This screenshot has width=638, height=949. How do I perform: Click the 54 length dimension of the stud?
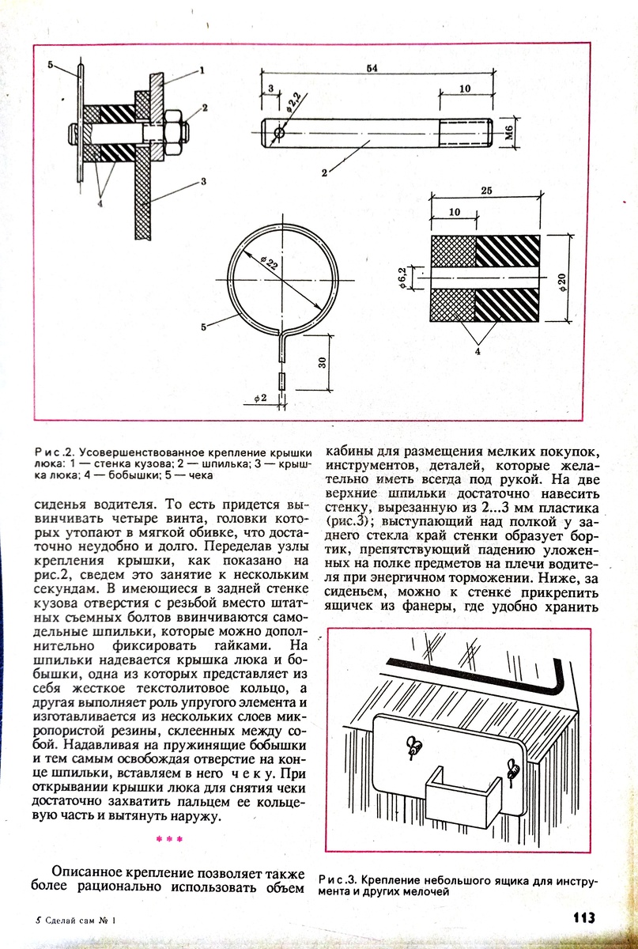coord(371,69)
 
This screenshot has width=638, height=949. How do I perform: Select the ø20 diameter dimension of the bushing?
coord(563,279)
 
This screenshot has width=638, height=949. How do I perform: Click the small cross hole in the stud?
coord(278,131)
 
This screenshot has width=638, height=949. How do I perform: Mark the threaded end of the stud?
coord(466,131)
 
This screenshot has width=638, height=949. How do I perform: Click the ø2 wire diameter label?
coord(262,398)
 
